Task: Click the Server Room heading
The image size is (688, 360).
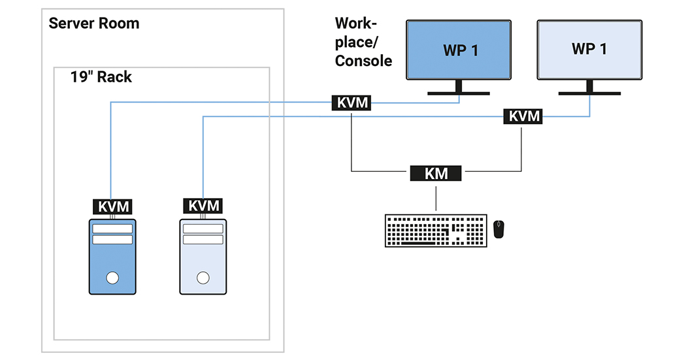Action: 94,24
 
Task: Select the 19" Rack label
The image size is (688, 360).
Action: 101,77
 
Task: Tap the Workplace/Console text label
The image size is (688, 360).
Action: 363,42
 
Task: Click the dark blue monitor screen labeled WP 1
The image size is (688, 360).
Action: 459,50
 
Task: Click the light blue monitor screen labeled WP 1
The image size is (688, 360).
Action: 589,50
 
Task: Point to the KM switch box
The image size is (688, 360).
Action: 436,173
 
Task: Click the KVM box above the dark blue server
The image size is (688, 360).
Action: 113,206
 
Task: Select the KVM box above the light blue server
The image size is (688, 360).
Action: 203,206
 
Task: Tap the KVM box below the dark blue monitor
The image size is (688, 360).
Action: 352,103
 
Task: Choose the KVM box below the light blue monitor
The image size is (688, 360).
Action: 524,116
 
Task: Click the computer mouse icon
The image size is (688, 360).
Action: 499,229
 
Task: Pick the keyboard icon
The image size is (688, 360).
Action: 436,230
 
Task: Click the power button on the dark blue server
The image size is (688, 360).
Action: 112,278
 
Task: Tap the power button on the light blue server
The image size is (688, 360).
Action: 203,278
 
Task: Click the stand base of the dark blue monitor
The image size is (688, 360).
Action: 459,93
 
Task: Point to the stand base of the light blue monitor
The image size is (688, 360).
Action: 589,93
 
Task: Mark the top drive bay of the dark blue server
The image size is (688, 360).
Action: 112,229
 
